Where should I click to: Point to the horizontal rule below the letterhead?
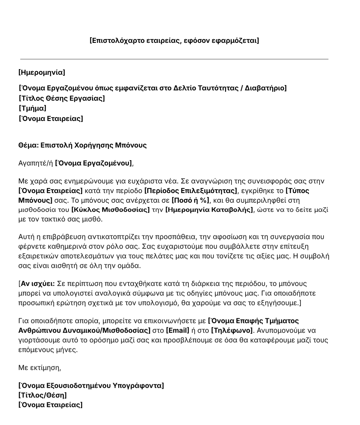(174, 59)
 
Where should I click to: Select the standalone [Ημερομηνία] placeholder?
(42, 72)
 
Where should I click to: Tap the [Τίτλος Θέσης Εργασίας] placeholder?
(62, 98)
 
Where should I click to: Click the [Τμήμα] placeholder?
(33, 108)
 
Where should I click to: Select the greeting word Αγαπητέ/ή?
(36, 163)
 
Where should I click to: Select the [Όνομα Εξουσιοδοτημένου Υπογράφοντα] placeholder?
(91, 386)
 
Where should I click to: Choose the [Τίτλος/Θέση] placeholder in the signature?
(43, 395)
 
